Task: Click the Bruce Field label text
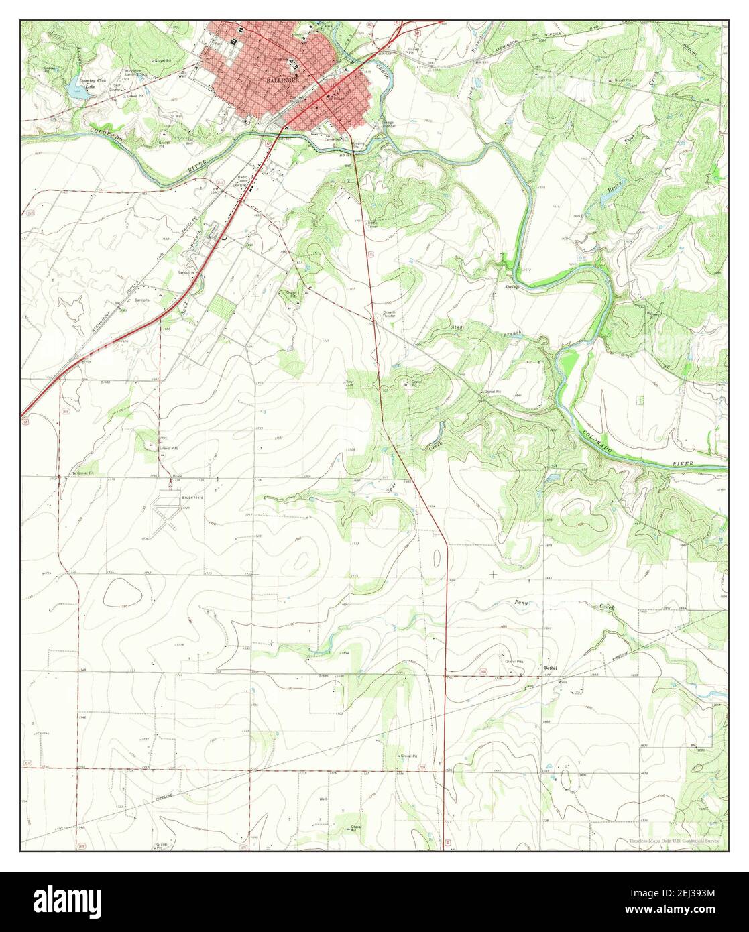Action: [x=191, y=498]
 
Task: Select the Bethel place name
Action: [x=551, y=668]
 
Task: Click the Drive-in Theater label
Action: [x=390, y=314]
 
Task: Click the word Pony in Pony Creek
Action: [x=522, y=603]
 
